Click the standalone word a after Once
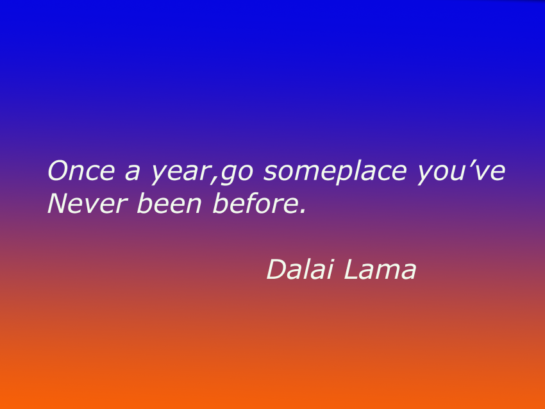(134, 174)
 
